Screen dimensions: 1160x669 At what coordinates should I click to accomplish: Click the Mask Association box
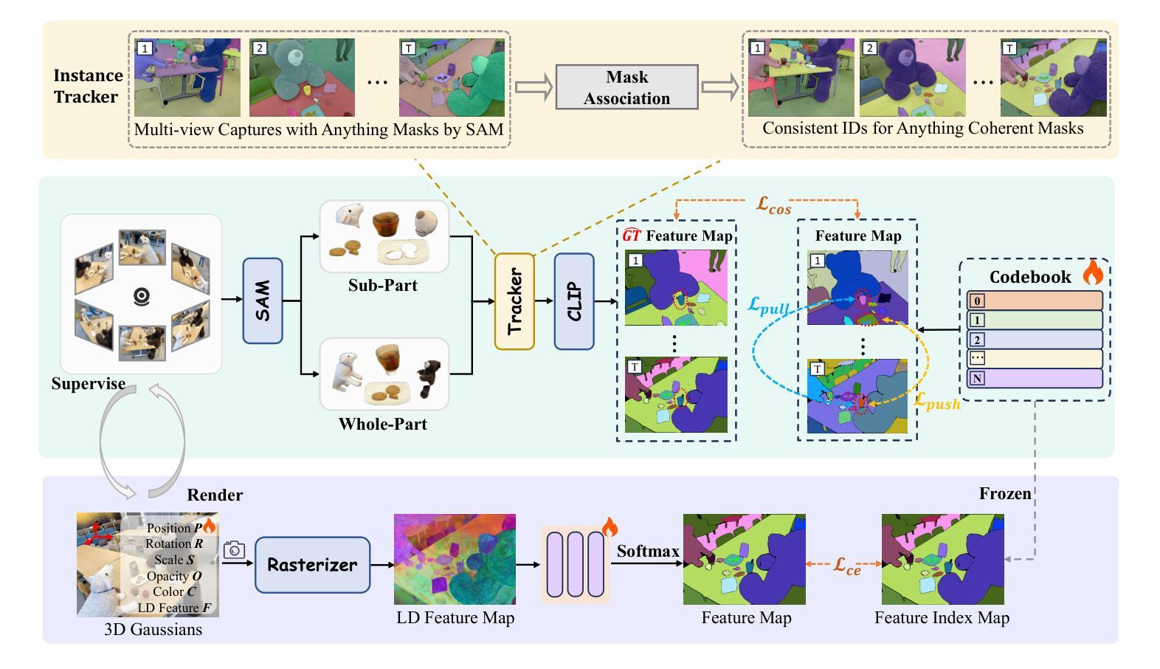626,87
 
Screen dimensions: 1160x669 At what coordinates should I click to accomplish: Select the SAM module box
263,301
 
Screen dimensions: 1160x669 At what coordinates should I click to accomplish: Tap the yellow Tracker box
514,301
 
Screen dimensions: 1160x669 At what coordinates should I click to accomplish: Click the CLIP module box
574,301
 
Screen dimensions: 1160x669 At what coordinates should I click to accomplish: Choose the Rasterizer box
312,565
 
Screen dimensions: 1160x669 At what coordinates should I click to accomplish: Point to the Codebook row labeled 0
1035,301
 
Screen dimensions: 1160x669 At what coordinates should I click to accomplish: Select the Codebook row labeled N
1035,378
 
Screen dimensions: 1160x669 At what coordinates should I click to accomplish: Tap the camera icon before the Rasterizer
234,550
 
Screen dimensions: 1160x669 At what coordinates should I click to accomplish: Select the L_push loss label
937,401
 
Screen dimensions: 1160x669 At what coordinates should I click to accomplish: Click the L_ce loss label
847,566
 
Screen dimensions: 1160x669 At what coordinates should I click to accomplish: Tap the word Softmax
648,551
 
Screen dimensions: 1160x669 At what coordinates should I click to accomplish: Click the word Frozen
1005,493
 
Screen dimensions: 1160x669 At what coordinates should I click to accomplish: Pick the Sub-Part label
383,285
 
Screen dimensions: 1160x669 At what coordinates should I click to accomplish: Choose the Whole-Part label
383,424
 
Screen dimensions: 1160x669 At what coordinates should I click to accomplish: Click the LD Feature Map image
455,559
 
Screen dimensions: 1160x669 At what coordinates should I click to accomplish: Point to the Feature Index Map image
942,559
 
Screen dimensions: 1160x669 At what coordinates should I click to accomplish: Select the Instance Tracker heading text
88,86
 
